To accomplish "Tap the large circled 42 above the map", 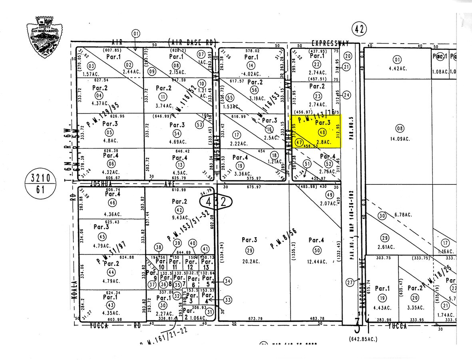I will click(358, 29).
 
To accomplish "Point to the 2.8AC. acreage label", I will click(323, 142).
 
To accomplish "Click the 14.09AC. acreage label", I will click(399, 140).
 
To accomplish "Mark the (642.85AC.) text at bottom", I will click(362, 339).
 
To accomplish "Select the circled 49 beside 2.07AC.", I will click(330, 195).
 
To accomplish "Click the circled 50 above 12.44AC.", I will click(317, 250).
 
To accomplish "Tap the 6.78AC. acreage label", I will click(403, 215).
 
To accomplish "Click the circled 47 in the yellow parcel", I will click(299, 142).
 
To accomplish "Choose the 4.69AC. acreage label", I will click(177, 142).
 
